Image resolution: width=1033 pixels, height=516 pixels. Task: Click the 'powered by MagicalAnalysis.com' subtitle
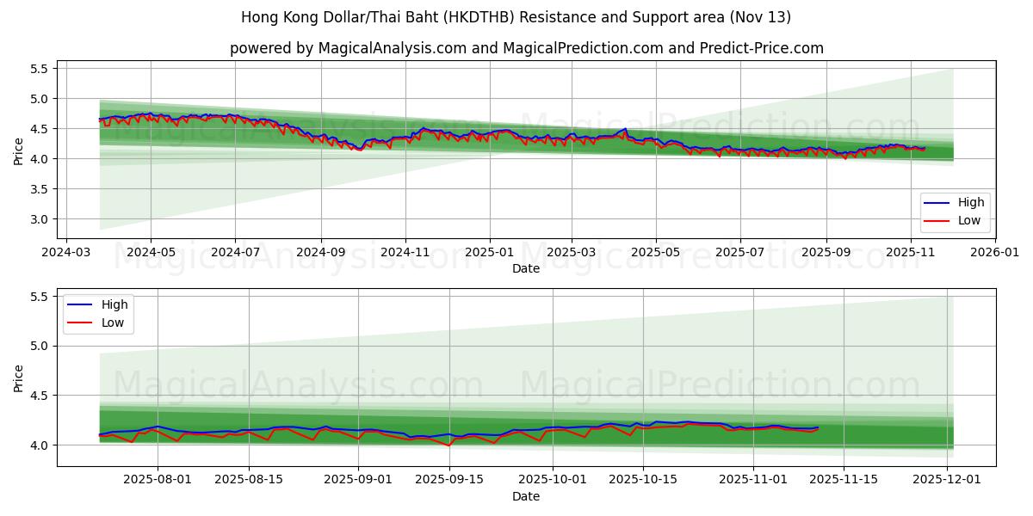[526, 48]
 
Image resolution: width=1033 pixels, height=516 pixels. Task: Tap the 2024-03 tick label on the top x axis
[66, 253]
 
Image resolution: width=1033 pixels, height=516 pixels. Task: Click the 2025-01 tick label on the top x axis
[489, 253]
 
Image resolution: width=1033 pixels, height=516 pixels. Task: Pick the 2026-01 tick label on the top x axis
[994, 253]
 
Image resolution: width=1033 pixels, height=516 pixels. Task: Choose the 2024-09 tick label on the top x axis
[320, 253]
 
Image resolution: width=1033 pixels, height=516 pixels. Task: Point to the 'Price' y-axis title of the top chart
[19, 151]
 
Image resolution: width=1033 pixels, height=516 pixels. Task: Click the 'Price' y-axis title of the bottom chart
[19, 378]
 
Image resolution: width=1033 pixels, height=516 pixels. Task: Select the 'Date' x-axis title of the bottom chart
[526, 496]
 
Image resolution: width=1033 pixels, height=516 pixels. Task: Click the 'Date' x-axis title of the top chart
[526, 268]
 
